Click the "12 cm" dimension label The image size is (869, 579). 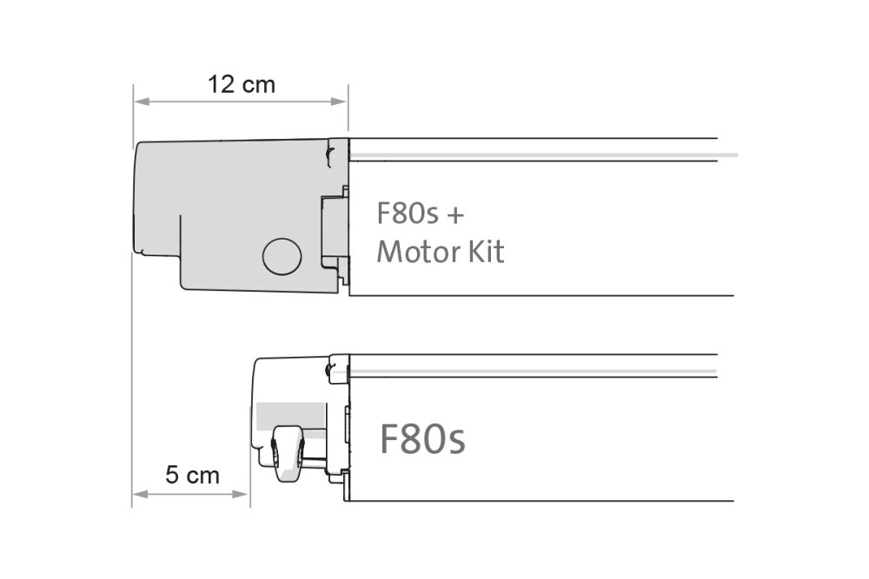coord(241,84)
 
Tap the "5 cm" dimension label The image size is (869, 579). coord(192,476)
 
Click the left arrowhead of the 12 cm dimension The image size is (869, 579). coord(138,102)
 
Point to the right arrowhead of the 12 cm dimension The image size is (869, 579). coord(342,102)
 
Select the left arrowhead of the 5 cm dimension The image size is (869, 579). coord(137,494)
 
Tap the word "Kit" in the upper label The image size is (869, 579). coord(487,252)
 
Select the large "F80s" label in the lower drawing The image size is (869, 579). coord(422,439)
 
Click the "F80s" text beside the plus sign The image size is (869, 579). coord(407,214)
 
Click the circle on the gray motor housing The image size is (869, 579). coord(282,256)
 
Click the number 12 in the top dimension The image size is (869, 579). coord(223,84)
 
